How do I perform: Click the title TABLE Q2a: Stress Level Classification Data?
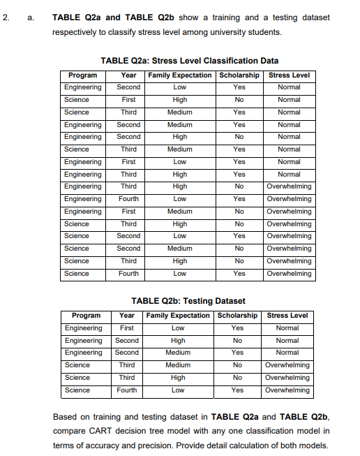click(190, 61)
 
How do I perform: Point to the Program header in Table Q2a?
click(82, 75)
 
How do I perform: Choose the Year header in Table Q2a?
click(128, 75)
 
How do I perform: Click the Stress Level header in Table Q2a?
click(289, 75)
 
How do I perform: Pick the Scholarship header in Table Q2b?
click(237, 315)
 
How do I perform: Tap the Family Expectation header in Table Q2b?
click(178, 315)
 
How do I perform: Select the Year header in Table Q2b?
click(127, 315)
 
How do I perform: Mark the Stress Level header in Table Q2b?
click(287, 315)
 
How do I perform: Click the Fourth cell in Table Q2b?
click(127, 390)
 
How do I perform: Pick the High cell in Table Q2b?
click(178, 340)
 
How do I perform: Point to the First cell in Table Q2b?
click(127, 328)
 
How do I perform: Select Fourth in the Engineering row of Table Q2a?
click(128, 199)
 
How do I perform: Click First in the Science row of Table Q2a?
click(128, 100)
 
